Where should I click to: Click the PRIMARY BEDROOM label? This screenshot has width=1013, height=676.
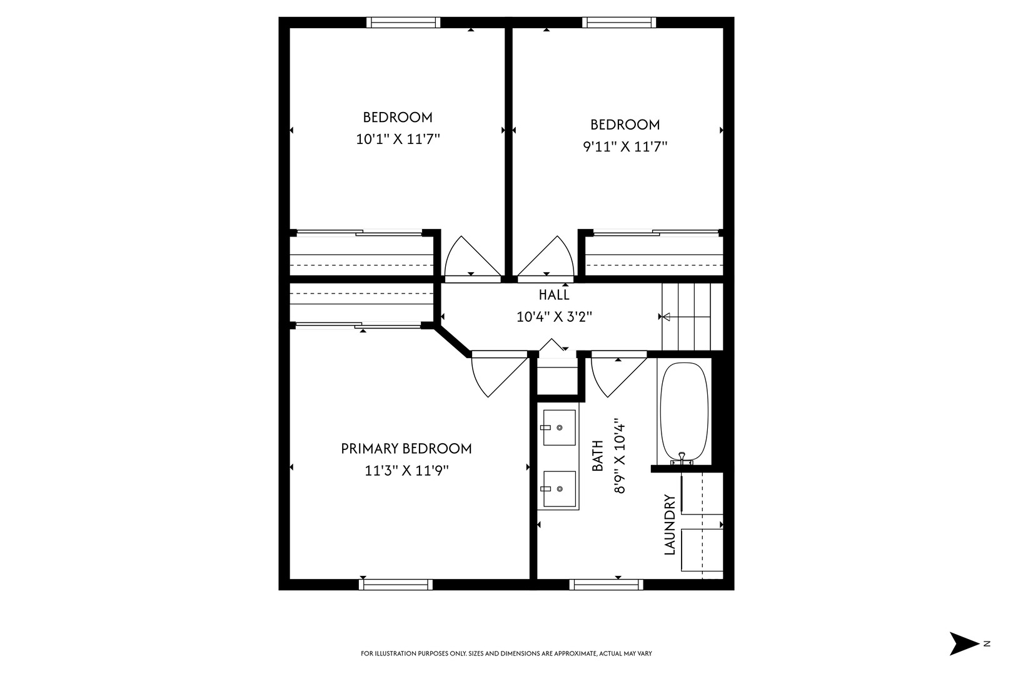click(406, 449)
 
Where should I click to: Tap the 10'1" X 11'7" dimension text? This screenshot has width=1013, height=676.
click(398, 139)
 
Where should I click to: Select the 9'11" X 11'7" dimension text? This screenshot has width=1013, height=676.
click(625, 146)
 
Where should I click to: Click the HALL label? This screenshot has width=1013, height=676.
click(554, 295)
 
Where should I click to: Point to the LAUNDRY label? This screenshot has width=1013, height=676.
click(670, 525)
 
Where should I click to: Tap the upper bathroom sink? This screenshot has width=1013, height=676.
click(559, 428)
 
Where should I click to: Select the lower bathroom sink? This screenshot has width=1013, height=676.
click(559, 489)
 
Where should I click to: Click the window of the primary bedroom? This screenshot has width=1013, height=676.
click(396, 584)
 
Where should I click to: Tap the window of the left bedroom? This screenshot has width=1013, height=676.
click(403, 23)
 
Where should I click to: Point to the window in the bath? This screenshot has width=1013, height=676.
click(606, 584)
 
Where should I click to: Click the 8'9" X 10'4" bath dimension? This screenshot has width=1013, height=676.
click(620, 456)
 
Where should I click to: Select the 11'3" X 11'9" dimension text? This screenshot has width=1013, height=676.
click(406, 470)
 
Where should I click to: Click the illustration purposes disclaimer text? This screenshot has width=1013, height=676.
click(506, 653)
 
